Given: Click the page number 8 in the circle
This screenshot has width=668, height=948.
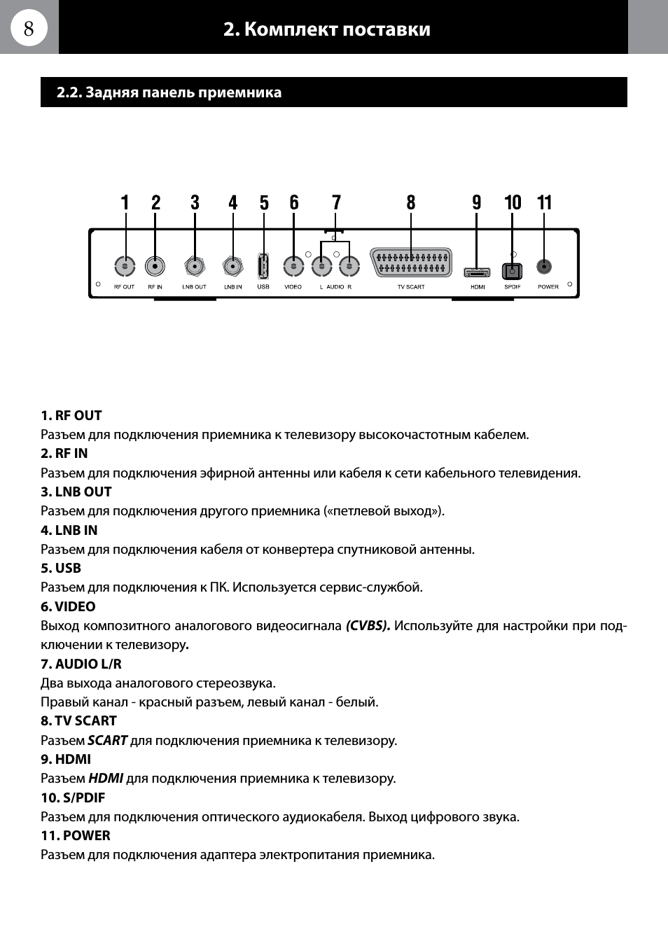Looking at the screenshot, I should click(29, 28).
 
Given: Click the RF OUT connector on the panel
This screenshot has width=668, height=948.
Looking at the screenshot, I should click(125, 267).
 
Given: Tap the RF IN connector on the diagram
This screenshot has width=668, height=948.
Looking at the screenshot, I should click(155, 267).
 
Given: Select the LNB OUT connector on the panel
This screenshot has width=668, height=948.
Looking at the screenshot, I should click(195, 267).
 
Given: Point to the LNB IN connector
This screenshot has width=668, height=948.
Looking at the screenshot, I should click(232, 267).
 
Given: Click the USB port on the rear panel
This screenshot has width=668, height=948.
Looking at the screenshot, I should click(263, 266).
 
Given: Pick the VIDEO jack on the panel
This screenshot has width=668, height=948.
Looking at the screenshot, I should click(293, 267).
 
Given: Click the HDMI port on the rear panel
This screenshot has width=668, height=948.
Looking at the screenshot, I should click(477, 272).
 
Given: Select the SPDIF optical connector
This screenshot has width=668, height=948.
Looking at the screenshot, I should click(513, 271).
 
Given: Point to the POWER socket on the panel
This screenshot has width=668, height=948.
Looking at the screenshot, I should click(544, 267).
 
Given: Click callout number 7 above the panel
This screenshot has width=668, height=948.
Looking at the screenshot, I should click(337, 203).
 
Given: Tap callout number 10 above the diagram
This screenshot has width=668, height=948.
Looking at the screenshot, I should click(513, 203).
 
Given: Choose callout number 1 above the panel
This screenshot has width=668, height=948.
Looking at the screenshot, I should click(125, 203).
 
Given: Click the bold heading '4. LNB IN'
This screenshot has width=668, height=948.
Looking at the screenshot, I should click(69, 531).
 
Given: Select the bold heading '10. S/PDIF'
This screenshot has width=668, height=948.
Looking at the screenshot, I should click(73, 798).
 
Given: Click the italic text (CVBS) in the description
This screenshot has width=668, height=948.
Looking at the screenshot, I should click(368, 626).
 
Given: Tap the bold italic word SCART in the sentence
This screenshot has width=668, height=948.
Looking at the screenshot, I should click(107, 741).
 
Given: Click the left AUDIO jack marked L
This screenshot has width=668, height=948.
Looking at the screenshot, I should click(321, 267).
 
